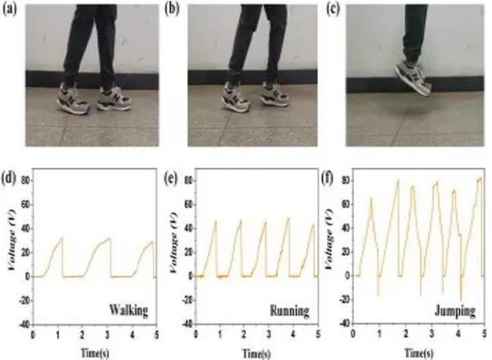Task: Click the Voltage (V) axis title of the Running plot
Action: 175,251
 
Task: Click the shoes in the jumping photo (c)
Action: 415,75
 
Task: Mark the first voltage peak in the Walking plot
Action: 84,239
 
